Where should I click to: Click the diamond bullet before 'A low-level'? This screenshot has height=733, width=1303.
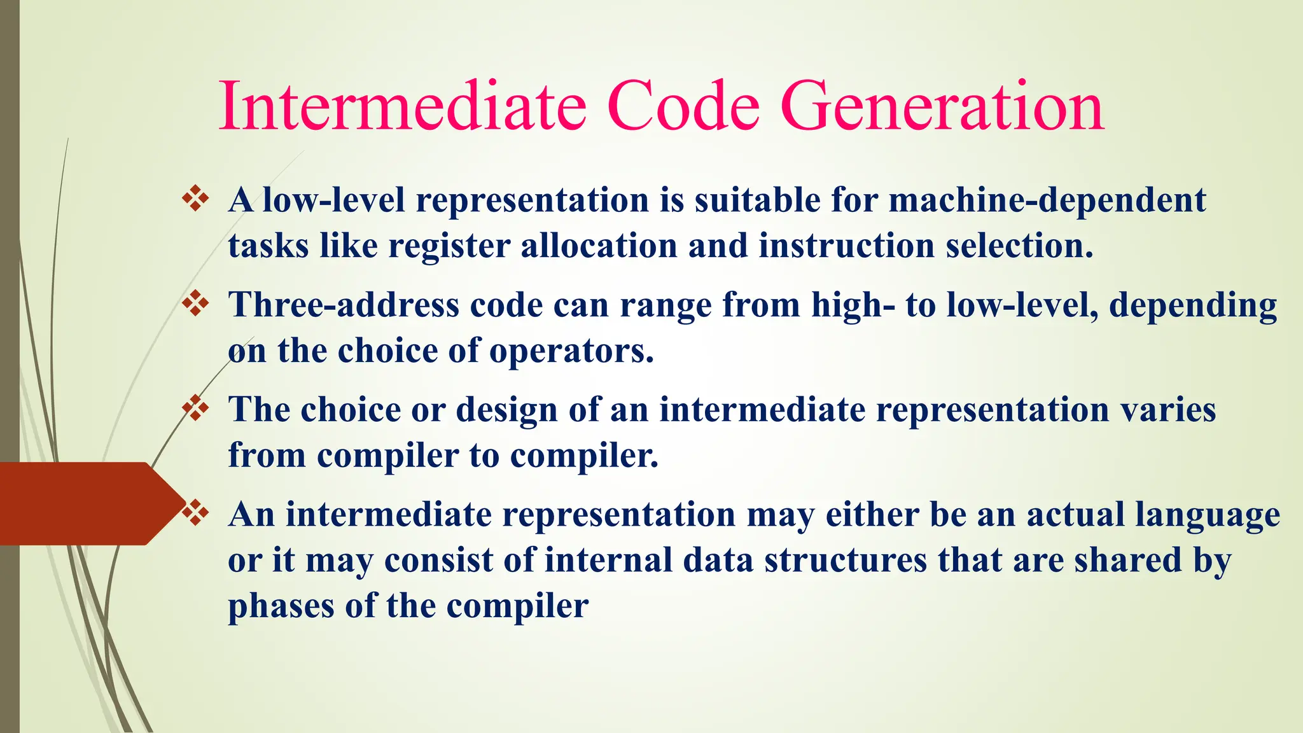click(x=195, y=199)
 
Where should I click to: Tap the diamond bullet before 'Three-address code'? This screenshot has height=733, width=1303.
click(x=195, y=304)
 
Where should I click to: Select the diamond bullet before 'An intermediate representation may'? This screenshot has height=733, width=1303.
click(x=195, y=513)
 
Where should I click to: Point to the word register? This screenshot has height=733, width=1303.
click(x=449, y=247)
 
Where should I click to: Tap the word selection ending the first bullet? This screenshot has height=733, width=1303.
click(x=1019, y=246)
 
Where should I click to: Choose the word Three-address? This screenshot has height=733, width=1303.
click(x=344, y=305)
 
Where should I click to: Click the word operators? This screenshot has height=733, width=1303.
click(x=571, y=352)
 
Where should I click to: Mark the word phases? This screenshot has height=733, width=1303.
click(x=281, y=606)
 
